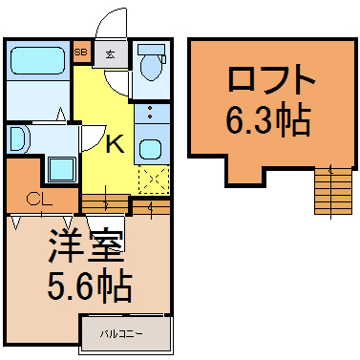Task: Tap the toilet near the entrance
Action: point(150,64)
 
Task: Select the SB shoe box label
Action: point(81,53)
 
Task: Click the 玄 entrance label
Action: point(110,54)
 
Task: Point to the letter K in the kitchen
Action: point(114,144)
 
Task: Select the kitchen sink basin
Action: point(150,148)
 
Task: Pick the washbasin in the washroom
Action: point(18,139)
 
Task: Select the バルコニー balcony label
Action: point(123,333)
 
